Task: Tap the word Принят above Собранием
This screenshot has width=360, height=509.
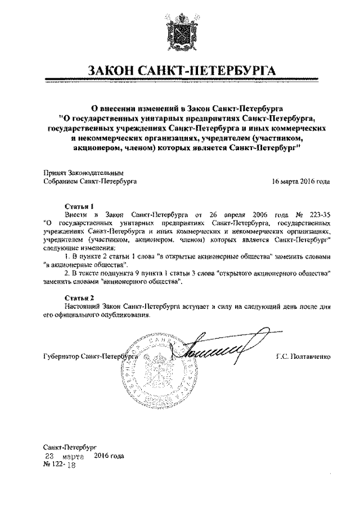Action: click(54, 173)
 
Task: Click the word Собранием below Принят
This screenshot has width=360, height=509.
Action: click(62, 182)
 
